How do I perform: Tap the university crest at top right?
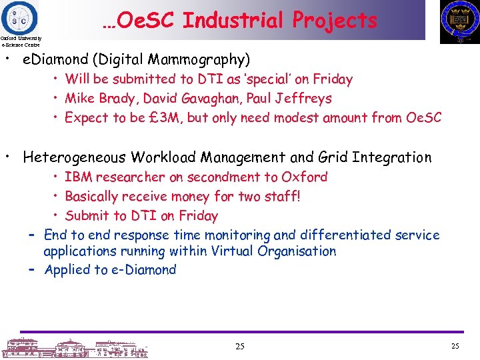459,21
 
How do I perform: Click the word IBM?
79,177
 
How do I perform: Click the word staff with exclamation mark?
284,197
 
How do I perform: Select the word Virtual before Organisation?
233,251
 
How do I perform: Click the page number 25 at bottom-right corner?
455,346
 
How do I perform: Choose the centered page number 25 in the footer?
239,346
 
